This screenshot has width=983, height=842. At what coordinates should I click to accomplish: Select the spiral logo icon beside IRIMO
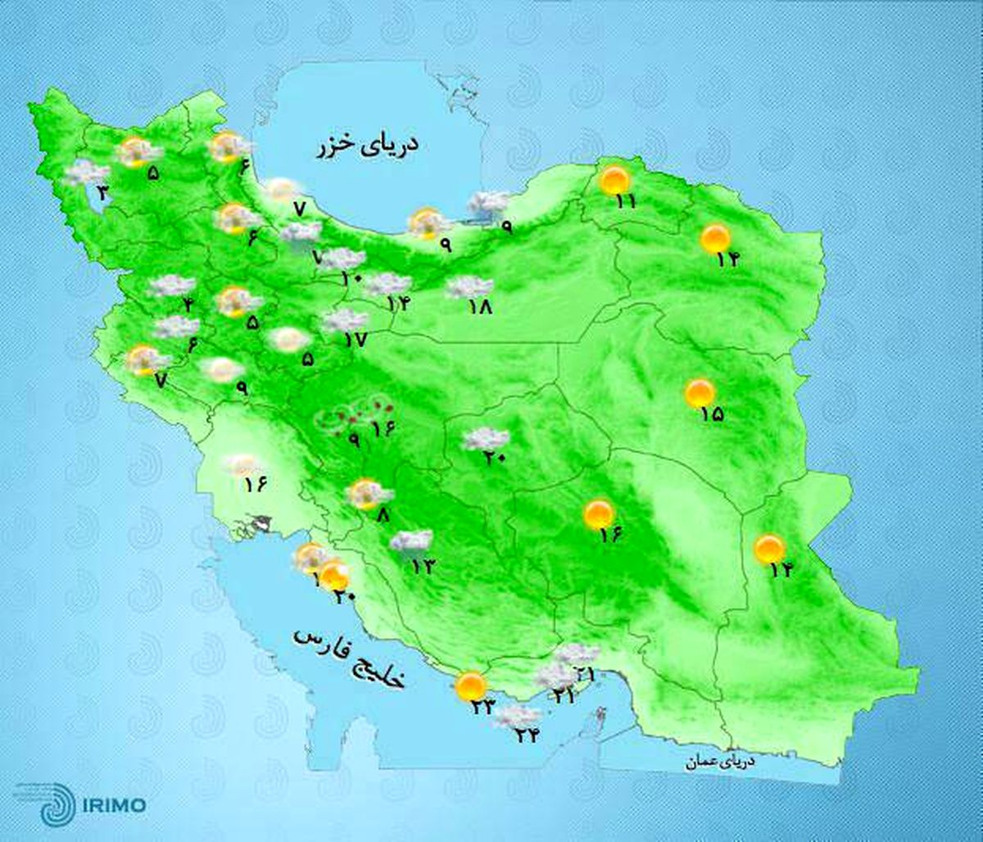[x=56, y=802]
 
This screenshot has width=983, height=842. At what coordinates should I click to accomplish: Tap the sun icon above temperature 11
[x=614, y=179]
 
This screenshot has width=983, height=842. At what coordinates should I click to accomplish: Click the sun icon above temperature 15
[x=700, y=393]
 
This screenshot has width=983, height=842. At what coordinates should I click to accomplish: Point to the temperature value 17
[x=356, y=339]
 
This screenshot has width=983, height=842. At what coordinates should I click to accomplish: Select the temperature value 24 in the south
[x=526, y=735]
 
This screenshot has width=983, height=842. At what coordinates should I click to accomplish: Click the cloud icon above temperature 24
[x=518, y=715]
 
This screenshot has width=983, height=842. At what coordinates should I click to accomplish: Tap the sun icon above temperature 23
[x=470, y=686]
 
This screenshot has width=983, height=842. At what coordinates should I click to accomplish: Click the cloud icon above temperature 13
[x=411, y=541]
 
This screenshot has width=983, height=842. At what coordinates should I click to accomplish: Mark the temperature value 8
[x=383, y=516]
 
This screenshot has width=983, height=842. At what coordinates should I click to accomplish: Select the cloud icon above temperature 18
[x=469, y=287]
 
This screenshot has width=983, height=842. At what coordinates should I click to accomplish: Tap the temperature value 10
[x=351, y=278]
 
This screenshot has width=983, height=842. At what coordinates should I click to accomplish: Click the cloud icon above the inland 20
[x=487, y=440]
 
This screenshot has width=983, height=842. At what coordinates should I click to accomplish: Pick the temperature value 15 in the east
[x=712, y=414]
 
